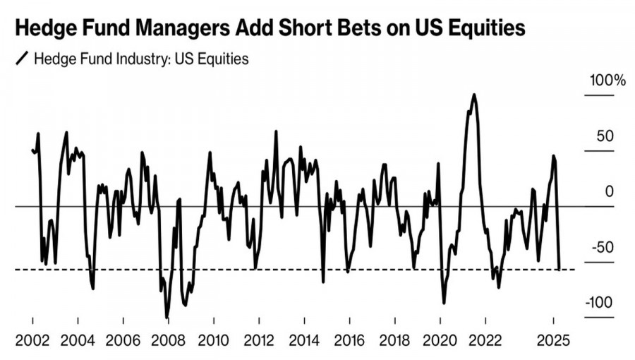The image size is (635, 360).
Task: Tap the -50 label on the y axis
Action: (x=607, y=247)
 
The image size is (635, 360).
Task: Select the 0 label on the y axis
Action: (x=610, y=191)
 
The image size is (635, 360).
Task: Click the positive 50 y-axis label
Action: (x=607, y=136)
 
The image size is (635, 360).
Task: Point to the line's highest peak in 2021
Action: (x=473, y=95)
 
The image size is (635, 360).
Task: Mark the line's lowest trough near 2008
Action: (x=167, y=317)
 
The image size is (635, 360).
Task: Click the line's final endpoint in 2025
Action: (x=560, y=268)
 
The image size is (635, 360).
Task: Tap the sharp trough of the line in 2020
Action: (x=444, y=303)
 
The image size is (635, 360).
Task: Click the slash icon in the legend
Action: (x=22, y=59)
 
